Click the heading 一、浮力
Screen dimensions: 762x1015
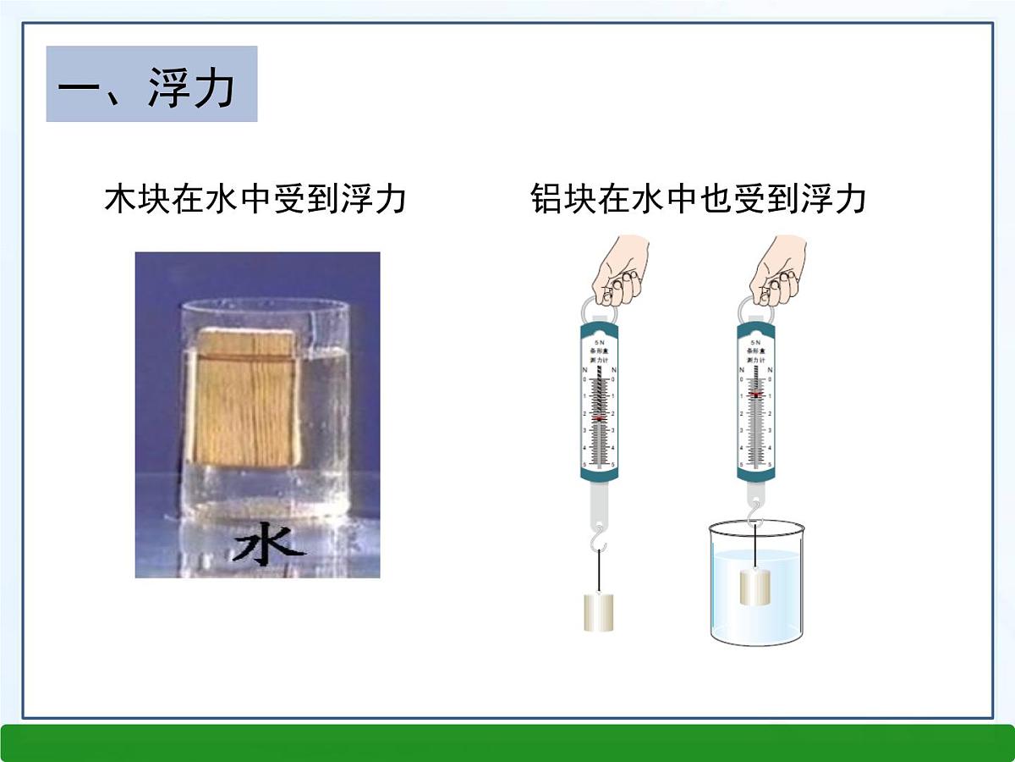(x=151, y=85)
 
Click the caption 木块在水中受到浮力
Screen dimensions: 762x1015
(x=255, y=200)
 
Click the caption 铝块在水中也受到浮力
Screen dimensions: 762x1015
(x=698, y=200)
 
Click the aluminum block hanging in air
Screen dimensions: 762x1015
(x=600, y=611)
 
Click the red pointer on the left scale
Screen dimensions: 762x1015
(x=600, y=418)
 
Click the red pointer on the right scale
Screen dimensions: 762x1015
(x=755, y=395)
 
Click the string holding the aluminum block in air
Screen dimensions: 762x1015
(x=600, y=571)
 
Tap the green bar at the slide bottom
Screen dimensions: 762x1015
(x=507, y=743)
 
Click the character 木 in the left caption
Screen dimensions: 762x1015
(x=119, y=200)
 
